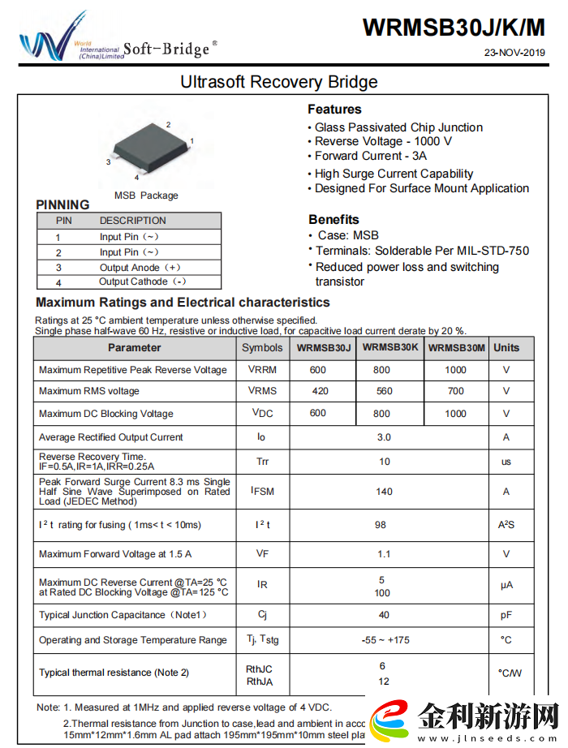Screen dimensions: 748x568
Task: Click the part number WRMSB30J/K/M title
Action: coord(454,27)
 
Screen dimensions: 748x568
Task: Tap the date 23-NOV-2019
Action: coord(514,54)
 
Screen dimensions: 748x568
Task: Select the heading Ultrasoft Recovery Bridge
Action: coord(278,82)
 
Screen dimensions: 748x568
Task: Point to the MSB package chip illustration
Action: coord(149,148)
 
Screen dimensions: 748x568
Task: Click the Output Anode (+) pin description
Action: coord(140,267)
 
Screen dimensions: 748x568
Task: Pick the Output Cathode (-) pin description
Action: coord(143,282)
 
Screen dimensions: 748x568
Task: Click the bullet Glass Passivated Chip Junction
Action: coord(398,127)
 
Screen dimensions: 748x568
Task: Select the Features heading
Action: coord(334,110)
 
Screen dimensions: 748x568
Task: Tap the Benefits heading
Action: coord(333,219)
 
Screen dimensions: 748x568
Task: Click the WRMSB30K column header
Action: coord(390,347)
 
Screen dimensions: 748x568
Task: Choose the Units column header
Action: coord(506,347)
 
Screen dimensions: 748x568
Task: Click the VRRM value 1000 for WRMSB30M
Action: coord(456,370)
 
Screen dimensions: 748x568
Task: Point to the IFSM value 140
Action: coord(384,491)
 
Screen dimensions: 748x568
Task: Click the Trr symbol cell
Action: coord(262,462)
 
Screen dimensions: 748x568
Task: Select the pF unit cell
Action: coord(506,615)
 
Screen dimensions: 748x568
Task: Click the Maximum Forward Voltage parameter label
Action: coord(115,554)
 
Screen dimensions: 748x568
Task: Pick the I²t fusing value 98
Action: coord(381,525)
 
